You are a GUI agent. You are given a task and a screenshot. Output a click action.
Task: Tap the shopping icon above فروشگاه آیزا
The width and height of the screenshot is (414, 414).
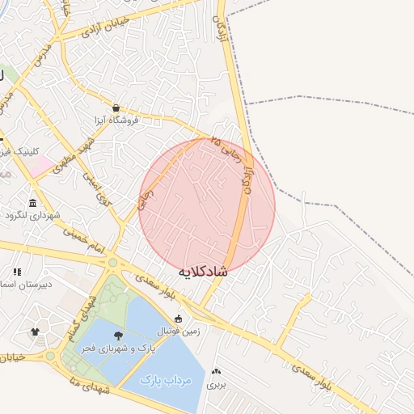coord(116,108)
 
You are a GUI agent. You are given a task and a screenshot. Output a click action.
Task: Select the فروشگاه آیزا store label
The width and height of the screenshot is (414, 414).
coord(117,120)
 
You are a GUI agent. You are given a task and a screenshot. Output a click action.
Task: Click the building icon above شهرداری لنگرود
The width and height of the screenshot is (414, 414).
coord(32,203)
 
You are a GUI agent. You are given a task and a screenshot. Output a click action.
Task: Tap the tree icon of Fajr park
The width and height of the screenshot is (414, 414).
coord(119,336)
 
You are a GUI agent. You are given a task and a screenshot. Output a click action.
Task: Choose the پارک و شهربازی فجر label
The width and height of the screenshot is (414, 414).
coord(117,349)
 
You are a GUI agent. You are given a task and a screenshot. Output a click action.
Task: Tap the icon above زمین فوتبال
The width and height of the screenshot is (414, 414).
coord(179,318)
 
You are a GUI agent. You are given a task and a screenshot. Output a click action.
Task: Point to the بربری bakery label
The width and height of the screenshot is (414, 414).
coord(216,384)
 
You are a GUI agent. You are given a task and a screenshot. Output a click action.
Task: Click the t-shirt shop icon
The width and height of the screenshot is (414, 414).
coord(35,332)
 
